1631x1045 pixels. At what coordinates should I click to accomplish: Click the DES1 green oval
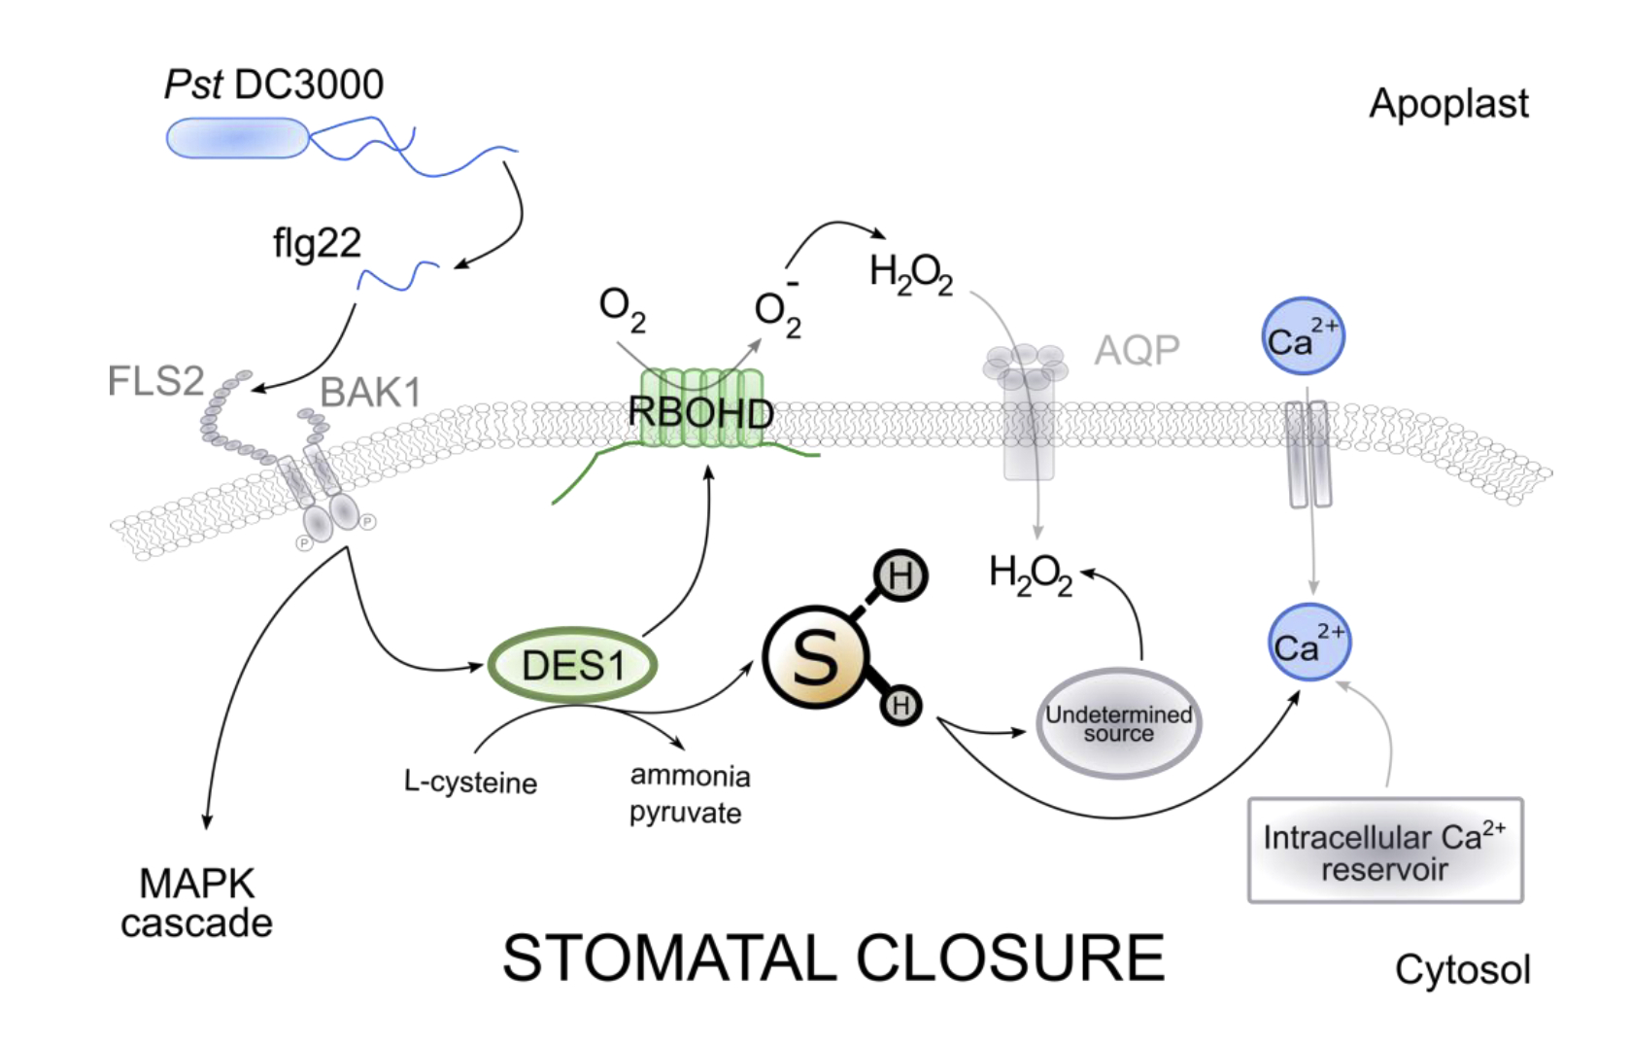tap(572, 666)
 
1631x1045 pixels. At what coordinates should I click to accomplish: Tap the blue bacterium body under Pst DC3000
tap(237, 138)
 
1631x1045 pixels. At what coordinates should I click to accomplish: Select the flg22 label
tap(317, 243)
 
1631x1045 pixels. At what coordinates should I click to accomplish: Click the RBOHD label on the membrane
tap(700, 413)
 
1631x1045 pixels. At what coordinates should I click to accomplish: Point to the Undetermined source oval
tap(1118, 724)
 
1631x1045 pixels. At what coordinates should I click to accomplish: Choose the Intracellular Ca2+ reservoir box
tap(1384, 852)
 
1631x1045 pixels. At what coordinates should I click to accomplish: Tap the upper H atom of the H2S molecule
tap(900, 576)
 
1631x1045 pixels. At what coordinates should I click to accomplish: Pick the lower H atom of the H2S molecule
tap(900, 705)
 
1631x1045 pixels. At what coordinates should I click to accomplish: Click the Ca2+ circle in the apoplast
tap(1303, 337)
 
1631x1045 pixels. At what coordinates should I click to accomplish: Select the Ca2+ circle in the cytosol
tap(1308, 644)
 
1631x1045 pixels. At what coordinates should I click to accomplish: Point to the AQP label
tap(1137, 350)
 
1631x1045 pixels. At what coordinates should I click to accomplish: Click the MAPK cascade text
tap(197, 903)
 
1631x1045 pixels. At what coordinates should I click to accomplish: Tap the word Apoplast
tap(1448, 104)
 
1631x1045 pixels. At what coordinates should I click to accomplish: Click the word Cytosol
tap(1462, 969)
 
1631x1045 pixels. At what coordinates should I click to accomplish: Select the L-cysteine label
tap(470, 783)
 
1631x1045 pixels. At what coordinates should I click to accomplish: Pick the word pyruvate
tap(685, 813)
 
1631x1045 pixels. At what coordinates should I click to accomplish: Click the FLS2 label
tap(155, 381)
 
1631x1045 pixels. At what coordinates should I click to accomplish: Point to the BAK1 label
tap(370, 393)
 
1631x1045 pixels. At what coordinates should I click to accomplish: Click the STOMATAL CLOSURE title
tap(832, 958)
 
